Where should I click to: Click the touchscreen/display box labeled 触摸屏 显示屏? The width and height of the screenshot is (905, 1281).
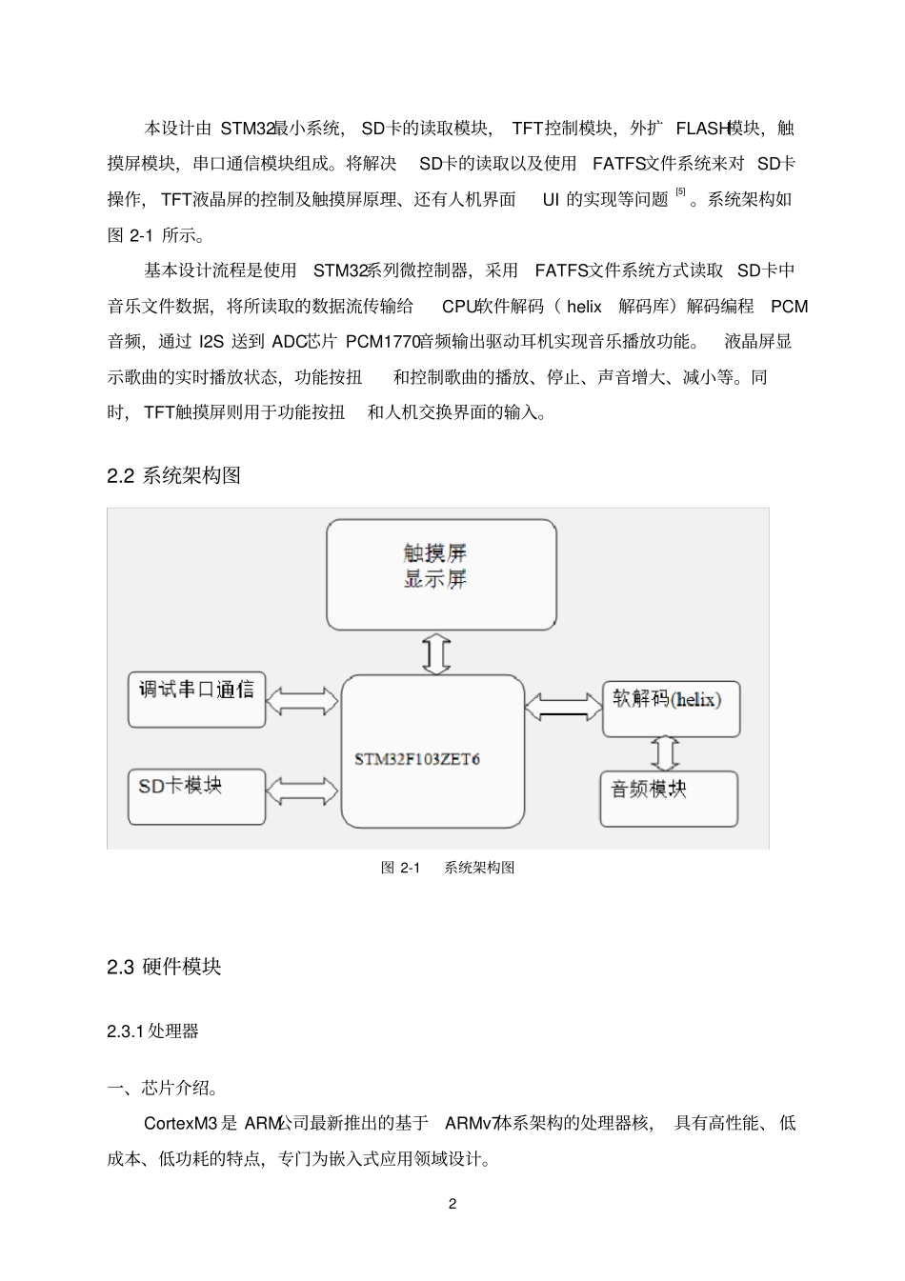point(441,574)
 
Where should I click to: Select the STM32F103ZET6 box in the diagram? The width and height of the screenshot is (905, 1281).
point(432,751)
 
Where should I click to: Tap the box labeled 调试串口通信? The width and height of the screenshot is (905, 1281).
point(197,700)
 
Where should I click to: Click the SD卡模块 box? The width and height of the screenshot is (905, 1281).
point(197,796)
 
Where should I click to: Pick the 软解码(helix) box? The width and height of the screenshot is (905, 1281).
point(671,709)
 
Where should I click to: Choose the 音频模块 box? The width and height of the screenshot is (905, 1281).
point(669,798)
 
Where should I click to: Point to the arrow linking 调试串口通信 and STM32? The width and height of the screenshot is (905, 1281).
point(303,702)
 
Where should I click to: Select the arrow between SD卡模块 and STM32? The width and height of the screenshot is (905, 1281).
point(303,791)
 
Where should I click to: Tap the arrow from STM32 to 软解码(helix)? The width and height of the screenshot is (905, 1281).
point(563,706)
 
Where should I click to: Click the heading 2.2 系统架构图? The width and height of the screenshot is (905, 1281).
point(174,475)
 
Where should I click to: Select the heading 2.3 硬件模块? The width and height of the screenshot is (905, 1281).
point(164,966)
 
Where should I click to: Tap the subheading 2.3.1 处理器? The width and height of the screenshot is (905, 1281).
point(152,1031)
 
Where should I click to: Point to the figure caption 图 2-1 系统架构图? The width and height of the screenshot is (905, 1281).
point(448,868)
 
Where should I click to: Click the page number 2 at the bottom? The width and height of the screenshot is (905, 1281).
point(452,1203)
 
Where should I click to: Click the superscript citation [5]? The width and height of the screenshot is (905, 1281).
point(680,193)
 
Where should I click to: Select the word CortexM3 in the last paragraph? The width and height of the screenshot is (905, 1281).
point(180,1123)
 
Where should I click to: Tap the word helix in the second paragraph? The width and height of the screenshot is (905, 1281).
point(584,307)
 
